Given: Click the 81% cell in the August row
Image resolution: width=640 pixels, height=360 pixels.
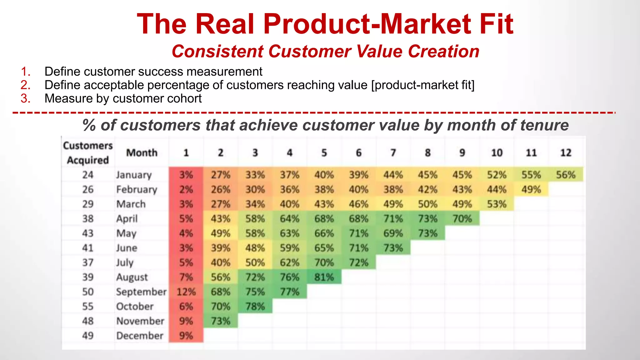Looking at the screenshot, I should coord(324,277).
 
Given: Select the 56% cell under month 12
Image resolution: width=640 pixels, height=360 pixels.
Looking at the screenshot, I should coord(566,175).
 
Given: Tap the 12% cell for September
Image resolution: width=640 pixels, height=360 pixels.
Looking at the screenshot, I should coord(186,292).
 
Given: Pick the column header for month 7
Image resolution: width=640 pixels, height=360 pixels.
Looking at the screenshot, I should coord(393,153).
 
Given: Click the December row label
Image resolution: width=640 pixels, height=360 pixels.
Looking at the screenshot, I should coord(140,336).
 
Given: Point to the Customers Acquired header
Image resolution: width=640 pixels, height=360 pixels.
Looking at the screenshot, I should coord(87,153).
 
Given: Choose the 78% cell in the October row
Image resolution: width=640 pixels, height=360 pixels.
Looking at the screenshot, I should coord(255,307).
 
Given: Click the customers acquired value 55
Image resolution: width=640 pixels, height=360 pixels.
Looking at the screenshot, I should coord(88,307).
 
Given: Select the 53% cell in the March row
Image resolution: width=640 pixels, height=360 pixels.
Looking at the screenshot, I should coord(497,204).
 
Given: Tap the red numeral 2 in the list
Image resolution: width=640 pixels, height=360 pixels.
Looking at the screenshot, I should coord(25,85).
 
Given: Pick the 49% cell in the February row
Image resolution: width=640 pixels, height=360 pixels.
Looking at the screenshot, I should coord(531,189).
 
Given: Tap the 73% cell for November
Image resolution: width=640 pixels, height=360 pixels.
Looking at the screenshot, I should coord(221,321).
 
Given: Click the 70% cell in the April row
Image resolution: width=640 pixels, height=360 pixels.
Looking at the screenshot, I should coord(462,219).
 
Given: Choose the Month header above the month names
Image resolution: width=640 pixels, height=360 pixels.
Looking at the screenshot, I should coord(142,153).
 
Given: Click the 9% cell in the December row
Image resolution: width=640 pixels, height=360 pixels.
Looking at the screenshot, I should coord(186,336).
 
